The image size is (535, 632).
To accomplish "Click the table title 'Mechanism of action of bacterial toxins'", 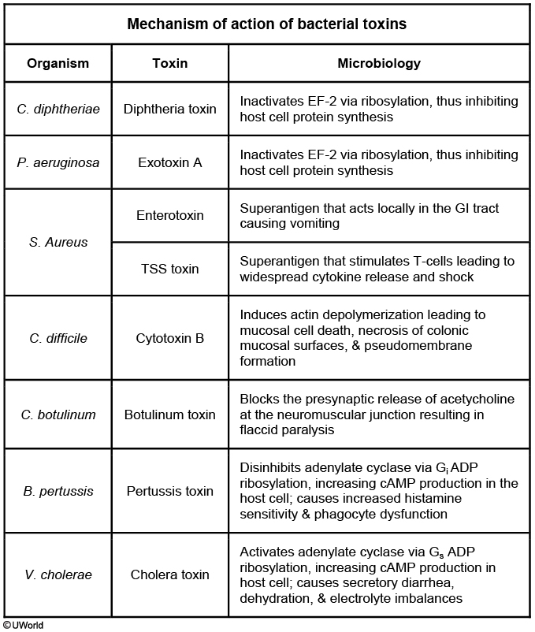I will coord(267,24).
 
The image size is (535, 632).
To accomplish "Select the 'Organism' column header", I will coord(58,63).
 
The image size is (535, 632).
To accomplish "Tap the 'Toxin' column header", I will coord(169,63).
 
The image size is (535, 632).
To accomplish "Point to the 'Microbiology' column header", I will coord(379,63).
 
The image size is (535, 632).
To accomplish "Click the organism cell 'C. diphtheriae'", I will coord(58,109).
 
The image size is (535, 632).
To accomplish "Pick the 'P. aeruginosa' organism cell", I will coord(58,162).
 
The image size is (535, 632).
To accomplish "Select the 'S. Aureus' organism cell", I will coord(58,242).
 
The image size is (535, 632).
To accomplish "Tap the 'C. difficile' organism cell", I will coord(58,338).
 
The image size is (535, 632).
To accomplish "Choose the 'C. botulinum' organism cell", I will coord(58,415).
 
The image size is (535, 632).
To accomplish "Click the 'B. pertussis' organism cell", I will coord(58,491).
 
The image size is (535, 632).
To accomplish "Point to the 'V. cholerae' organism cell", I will coord(58,574).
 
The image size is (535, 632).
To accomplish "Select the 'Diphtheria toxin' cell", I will coord(169,109).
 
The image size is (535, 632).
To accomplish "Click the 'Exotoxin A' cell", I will coord(169,162).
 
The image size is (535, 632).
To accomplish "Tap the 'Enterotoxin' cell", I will coord(169,215).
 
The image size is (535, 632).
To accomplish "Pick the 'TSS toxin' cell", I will coord(169,269).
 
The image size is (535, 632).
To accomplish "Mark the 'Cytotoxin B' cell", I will coord(169,338).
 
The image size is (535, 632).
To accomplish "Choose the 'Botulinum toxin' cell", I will coord(169,415).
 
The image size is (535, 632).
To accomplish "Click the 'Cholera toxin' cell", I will coord(169,574).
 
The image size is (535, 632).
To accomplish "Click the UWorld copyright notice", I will coord(23,626).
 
